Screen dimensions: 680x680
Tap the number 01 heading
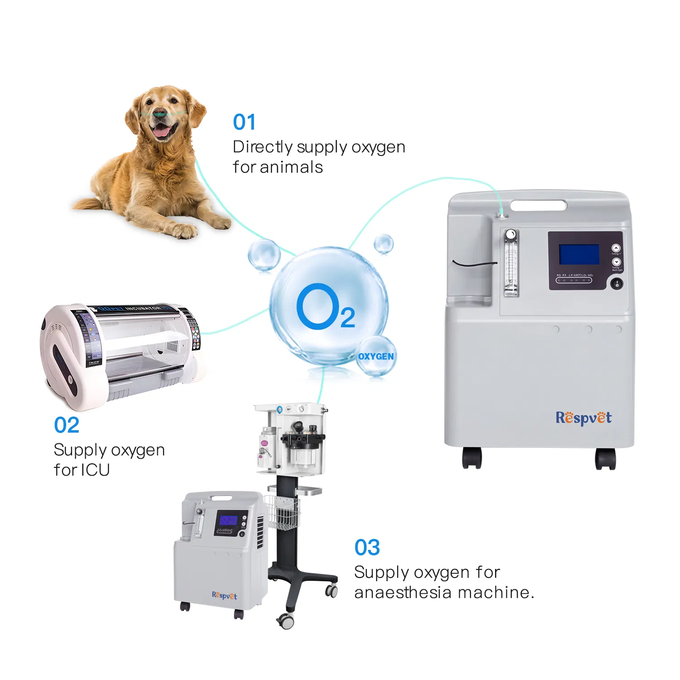244,122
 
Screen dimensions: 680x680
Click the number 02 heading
66,425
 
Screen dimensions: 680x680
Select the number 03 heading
367,548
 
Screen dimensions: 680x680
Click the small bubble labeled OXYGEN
376,356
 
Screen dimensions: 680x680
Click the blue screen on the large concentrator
579,254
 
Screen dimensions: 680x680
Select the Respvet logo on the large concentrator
583,418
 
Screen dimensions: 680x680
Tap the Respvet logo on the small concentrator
224,595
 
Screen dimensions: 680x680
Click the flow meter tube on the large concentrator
511,264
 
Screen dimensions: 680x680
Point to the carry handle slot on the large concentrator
539,205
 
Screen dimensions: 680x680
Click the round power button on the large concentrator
616,284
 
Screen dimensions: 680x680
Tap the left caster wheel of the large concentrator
471,458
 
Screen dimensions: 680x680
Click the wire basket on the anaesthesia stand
282,513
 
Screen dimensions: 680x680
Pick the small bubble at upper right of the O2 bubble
384,244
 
